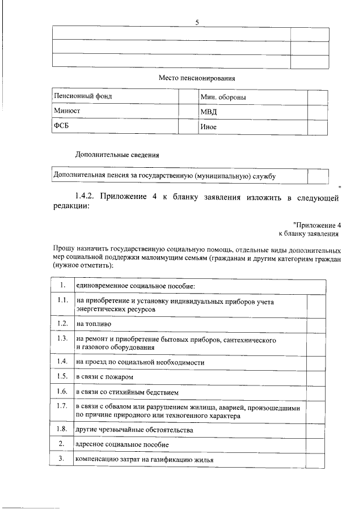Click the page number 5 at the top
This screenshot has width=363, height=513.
[197, 22]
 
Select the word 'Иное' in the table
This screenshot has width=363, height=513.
[209, 127]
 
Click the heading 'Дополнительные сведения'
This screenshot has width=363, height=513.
[117, 154]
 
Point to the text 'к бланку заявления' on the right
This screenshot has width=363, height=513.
[309, 233]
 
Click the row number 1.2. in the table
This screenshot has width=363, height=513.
[63, 323]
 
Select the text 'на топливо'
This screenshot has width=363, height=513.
[94, 324]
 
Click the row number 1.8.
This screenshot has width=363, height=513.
[63, 430]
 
